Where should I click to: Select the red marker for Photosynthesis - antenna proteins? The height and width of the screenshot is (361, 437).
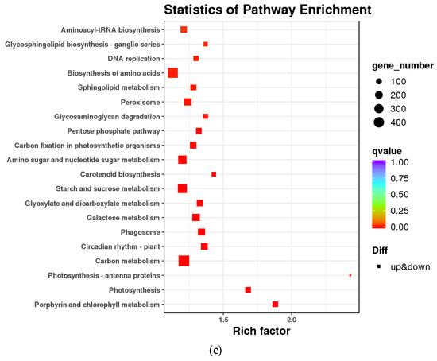pyautogui.click(x=350, y=275)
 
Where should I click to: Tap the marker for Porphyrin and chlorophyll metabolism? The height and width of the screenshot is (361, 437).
pyautogui.click(x=276, y=305)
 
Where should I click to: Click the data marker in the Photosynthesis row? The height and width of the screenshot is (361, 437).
pyautogui.click(x=249, y=289)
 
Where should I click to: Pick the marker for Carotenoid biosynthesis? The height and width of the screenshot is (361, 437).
pyautogui.click(x=214, y=174)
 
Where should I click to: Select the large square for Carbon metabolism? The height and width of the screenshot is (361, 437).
pyautogui.click(x=184, y=261)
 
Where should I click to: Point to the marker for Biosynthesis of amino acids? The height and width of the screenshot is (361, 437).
pyautogui.click(x=173, y=73)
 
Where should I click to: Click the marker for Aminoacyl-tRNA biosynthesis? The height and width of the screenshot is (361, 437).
pyautogui.click(x=184, y=29)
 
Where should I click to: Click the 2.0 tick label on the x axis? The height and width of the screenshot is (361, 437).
pyautogui.click(x=292, y=320)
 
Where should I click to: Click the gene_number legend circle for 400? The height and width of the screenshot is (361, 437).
pyautogui.click(x=380, y=122)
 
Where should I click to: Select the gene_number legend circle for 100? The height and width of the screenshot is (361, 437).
pyautogui.click(x=380, y=81)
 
